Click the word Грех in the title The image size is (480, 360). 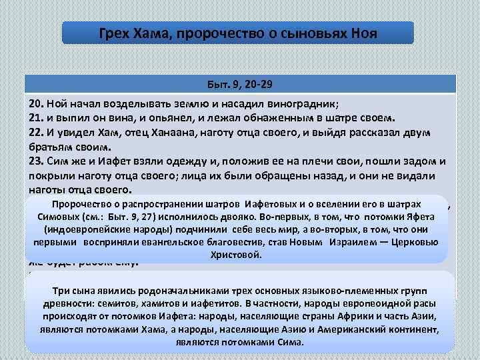point(113,33)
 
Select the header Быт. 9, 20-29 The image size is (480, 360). point(240,85)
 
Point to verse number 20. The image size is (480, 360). point(37,105)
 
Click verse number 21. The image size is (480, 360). point(37,119)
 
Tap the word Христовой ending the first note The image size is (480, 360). point(237,255)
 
